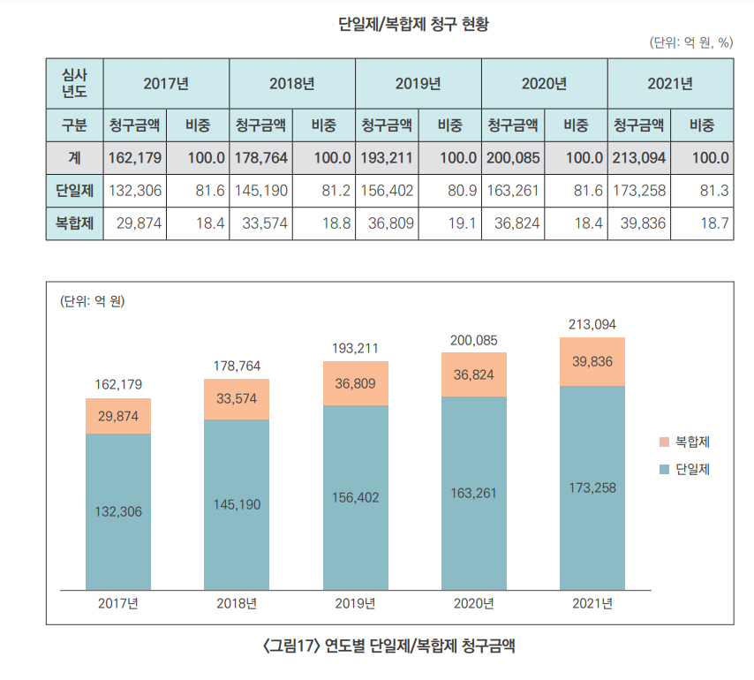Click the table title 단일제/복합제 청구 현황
click(x=413, y=24)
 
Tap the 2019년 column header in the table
click(x=418, y=84)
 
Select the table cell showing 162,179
click(x=132, y=158)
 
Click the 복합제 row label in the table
click(x=74, y=223)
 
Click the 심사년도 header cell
click(x=74, y=83)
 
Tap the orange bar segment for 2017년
click(x=118, y=416)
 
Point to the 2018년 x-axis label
click(x=237, y=604)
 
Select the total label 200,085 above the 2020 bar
click(x=474, y=339)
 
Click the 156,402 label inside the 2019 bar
click(x=355, y=497)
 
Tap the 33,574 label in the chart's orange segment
click(x=237, y=398)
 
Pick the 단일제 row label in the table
click(x=74, y=191)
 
